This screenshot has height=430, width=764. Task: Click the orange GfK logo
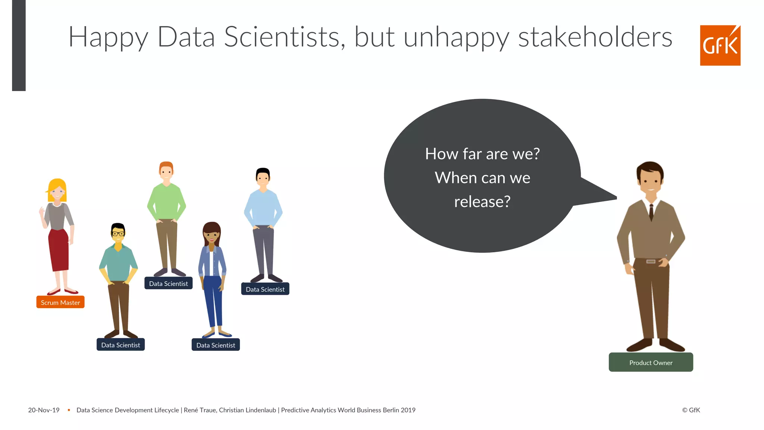[x=720, y=46]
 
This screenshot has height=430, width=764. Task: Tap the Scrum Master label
[x=60, y=302]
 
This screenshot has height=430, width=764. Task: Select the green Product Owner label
[x=651, y=362]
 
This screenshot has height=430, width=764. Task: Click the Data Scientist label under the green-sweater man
[x=168, y=283]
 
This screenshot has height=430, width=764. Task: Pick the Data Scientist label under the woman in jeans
[x=216, y=345]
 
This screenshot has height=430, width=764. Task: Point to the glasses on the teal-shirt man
[x=118, y=234]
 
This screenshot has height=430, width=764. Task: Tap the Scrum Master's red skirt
[x=59, y=250]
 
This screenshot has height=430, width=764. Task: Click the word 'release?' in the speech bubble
[x=482, y=202]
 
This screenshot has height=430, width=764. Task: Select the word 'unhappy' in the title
[x=456, y=37]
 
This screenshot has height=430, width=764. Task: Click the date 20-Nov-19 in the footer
[x=44, y=410]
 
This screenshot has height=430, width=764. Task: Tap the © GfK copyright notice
[x=691, y=410]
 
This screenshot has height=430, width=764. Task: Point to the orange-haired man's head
[x=166, y=171]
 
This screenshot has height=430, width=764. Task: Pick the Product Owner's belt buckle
[x=651, y=261]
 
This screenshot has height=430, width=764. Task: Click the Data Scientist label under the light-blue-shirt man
[x=265, y=289]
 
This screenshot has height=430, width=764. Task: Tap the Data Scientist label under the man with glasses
[x=120, y=345]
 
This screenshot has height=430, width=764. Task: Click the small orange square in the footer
[x=69, y=410]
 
